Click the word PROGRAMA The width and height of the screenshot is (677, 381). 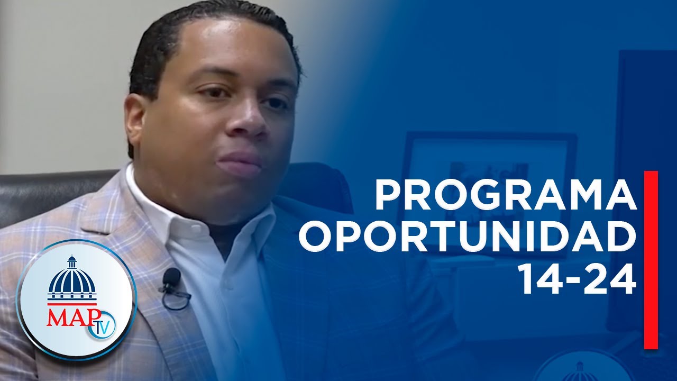coord(506,194)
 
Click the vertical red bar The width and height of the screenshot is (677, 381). coord(651,260)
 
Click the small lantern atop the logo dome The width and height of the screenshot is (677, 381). coord(71,261)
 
